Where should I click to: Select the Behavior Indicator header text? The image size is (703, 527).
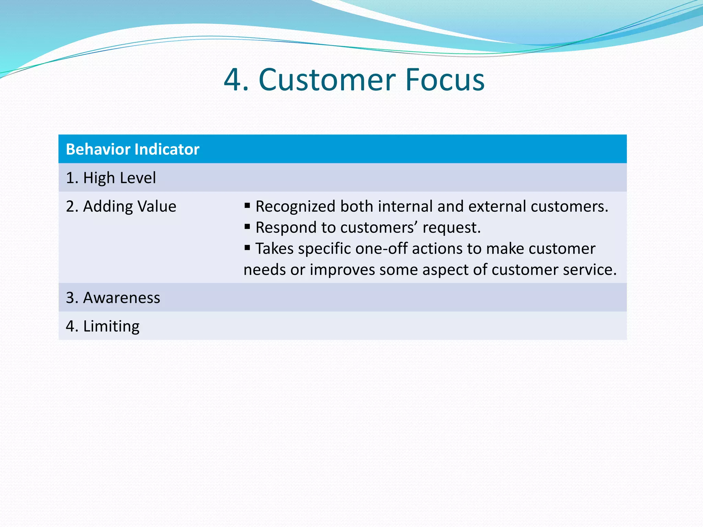(x=132, y=149)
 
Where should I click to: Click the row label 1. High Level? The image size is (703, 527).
(x=111, y=178)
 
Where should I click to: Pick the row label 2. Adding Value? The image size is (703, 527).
(x=121, y=206)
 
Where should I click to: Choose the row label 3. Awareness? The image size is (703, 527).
(x=113, y=297)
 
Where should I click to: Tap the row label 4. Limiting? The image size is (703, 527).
(x=103, y=326)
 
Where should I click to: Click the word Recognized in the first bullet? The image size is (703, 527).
(x=295, y=207)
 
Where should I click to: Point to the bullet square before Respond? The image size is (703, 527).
(x=247, y=226)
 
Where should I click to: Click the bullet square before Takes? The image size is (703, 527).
(x=247, y=247)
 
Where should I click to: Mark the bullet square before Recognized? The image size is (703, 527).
(x=247, y=206)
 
